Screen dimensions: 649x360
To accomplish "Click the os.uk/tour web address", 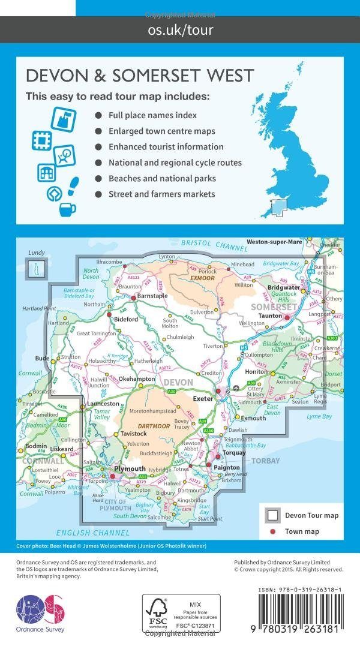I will pos(180,29).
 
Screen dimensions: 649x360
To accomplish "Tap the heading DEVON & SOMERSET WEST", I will pos(140,76).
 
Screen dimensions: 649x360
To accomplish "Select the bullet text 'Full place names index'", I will pos(152,115).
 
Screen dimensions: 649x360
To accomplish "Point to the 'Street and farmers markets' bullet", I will pos(161,194).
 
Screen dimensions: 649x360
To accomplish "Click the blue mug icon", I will pos(68,209).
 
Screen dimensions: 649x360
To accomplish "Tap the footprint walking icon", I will pos(73,183).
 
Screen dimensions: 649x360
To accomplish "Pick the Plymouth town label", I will pos(131,469).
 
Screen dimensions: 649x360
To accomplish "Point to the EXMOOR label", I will pos(200,279).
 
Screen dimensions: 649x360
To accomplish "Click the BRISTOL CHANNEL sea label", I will pos(205,244).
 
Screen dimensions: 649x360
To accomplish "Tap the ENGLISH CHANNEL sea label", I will pos(92,533).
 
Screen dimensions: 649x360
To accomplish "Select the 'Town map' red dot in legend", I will pos(272,531).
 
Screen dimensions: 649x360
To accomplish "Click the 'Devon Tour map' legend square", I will pos(272,515).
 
